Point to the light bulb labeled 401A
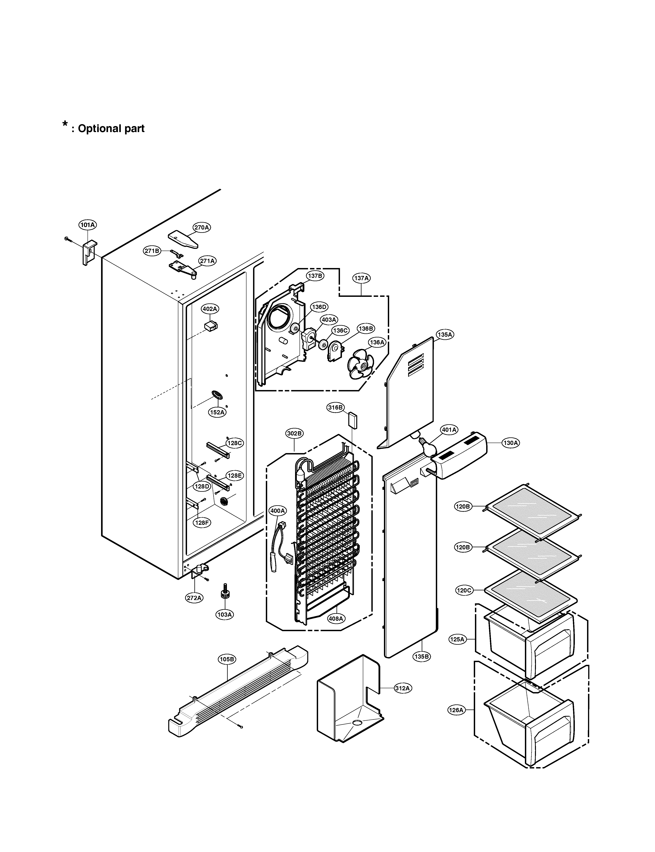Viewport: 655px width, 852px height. tap(427, 446)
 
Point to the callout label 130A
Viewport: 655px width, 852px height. tap(511, 443)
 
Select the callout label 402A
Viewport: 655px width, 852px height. tap(210, 309)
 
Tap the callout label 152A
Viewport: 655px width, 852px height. tap(217, 412)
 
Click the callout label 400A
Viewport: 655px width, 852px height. tap(278, 511)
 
